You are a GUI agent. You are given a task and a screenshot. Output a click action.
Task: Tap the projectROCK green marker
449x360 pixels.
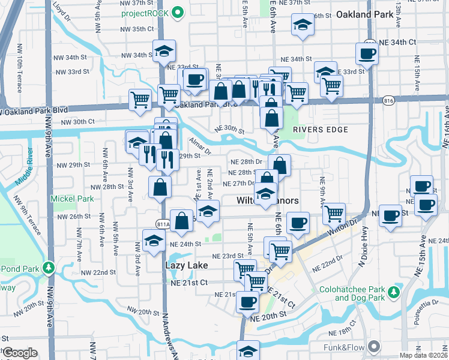177,13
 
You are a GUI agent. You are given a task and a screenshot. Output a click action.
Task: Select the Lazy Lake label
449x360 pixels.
187,265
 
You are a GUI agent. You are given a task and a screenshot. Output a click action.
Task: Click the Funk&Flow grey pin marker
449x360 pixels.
375,346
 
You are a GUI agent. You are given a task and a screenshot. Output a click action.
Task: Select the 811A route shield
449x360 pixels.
163,224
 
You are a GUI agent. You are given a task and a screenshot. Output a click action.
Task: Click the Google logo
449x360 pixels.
20,353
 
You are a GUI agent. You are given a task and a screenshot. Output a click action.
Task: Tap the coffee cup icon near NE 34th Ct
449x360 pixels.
366,53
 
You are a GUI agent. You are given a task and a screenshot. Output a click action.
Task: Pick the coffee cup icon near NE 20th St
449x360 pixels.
247,303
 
